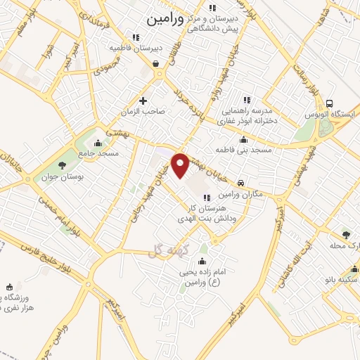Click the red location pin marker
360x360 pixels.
click(181, 165)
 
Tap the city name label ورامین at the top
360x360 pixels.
click(165, 20)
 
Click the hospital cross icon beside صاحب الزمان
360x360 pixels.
click(144, 101)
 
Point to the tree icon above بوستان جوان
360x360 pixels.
click(63, 165)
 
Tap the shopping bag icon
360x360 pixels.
click(155, 64)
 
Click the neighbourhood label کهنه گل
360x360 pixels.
click(165, 251)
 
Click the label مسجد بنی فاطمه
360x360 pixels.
click(238, 151)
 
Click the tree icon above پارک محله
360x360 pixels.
click(345, 235)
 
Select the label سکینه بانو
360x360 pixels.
click(344, 279)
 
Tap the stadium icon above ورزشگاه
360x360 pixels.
click(8, 285)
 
